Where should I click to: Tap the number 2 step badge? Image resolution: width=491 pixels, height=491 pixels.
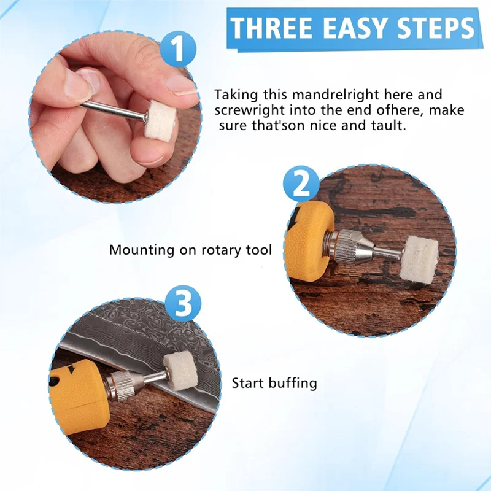tap(300, 184)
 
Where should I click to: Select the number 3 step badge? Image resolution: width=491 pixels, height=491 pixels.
tap(184, 303)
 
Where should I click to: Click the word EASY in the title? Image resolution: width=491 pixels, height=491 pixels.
tap(355, 29)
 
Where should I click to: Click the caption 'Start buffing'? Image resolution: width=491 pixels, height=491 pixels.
tap(274, 384)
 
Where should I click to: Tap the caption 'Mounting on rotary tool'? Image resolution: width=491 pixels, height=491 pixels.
tap(190, 250)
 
